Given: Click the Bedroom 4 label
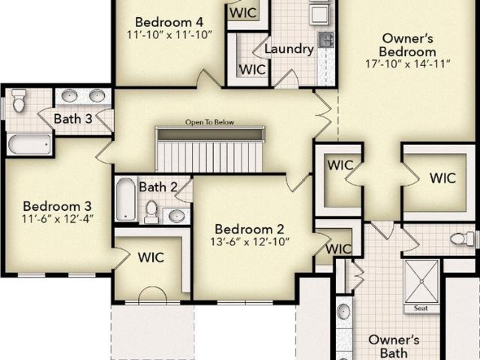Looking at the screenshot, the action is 169,22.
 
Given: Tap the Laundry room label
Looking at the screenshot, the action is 289,49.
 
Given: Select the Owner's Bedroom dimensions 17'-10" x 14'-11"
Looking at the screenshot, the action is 407,64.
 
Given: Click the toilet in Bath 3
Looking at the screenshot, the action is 19,100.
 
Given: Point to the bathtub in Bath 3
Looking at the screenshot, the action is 29,144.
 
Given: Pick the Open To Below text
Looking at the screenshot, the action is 210,122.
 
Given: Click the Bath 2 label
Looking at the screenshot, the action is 158,187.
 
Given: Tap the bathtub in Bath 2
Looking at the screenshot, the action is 125,199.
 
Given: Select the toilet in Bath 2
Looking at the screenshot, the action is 151,211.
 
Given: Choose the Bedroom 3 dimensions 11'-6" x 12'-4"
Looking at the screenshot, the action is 57,218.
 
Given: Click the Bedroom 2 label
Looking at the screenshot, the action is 249,229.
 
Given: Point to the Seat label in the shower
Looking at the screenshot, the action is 421,308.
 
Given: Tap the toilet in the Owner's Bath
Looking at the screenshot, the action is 462,238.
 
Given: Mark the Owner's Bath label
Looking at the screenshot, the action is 394,346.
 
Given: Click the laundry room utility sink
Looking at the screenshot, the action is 326,40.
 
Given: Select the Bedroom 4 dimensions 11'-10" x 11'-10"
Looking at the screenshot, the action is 169,34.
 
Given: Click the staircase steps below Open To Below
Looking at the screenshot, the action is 209,157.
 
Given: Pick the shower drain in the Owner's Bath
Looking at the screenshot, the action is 421,281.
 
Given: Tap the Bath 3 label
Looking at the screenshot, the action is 73,118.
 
